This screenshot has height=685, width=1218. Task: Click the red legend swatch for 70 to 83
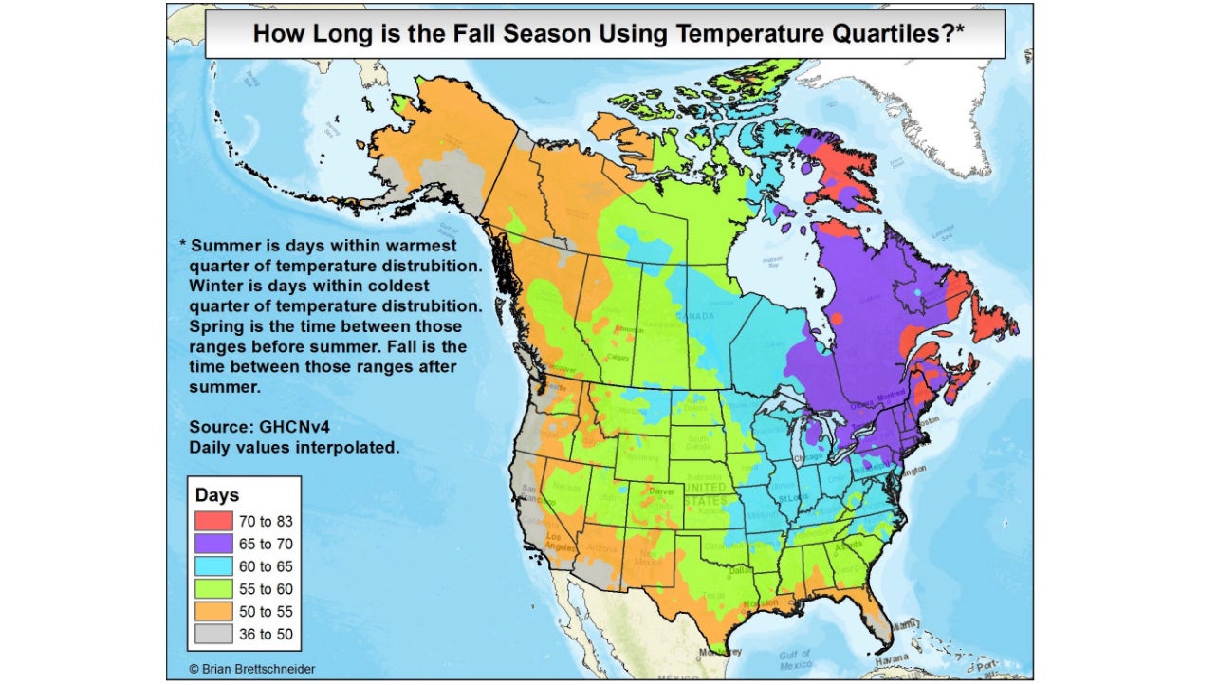213,520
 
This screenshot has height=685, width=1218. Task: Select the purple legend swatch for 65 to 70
213,544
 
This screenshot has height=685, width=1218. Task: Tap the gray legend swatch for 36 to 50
213,635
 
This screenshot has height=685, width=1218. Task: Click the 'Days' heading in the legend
217,495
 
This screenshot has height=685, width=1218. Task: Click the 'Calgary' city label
618,358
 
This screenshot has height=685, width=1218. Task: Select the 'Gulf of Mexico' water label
795,658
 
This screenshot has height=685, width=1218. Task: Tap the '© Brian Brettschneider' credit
251,669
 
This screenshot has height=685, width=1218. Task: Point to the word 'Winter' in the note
215,285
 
